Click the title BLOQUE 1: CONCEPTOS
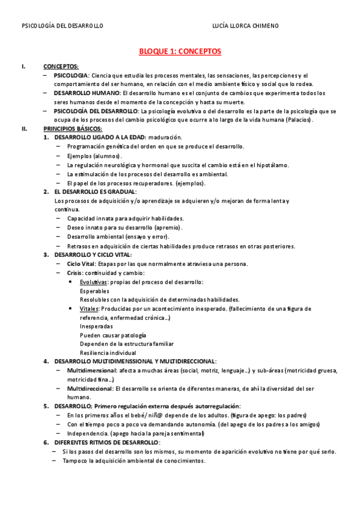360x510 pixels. click(180, 52)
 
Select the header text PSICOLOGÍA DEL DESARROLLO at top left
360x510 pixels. click(63, 26)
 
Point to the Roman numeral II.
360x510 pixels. click(24, 129)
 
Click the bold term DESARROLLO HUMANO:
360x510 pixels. click(87, 93)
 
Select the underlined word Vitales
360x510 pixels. click(90, 309)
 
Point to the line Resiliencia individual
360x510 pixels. click(108, 353)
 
